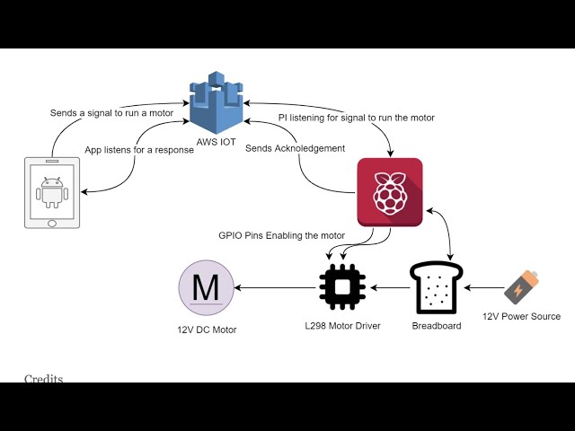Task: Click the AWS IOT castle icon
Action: click(216, 104)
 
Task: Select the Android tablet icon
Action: click(50, 191)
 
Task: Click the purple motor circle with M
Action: click(206, 288)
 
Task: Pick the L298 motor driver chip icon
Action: click(342, 287)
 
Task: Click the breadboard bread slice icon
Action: click(436, 287)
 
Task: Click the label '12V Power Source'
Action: click(521, 316)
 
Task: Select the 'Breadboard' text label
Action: click(436, 326)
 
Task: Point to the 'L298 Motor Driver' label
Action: click(342, 326)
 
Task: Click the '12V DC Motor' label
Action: click(207, 330)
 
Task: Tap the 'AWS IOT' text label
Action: click(216, 143)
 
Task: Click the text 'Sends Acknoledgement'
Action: click(296, 147)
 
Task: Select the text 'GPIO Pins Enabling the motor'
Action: click(281, 236)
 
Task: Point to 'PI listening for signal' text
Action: click(356, 118)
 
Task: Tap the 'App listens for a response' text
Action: click(139, 150)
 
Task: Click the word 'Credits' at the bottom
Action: click(43, 379)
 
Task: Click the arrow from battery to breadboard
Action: click(484, 288)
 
